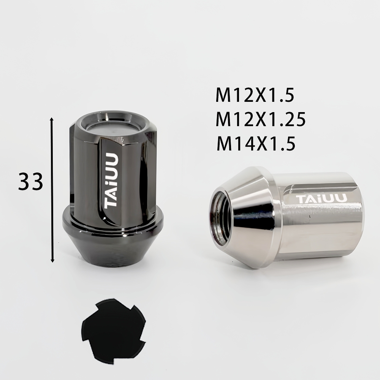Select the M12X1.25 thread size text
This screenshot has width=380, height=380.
click(x=261, y=119)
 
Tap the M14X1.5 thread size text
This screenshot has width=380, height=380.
click(x=256, y=143)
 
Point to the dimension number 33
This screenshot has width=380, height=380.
click(x=30, y=181)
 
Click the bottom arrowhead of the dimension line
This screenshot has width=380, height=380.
click(x=52, y=260)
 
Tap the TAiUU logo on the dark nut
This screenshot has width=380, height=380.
click(x=111, y=180)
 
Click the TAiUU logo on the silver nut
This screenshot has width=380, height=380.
click(x=321, y=199)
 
